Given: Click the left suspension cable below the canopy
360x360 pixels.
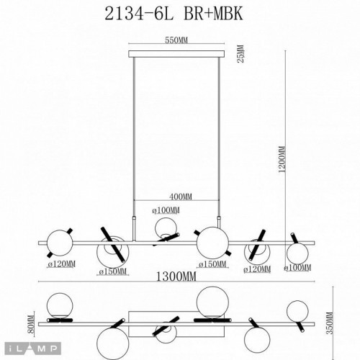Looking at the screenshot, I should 135,133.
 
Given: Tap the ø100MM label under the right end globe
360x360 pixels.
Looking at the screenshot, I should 300,269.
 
